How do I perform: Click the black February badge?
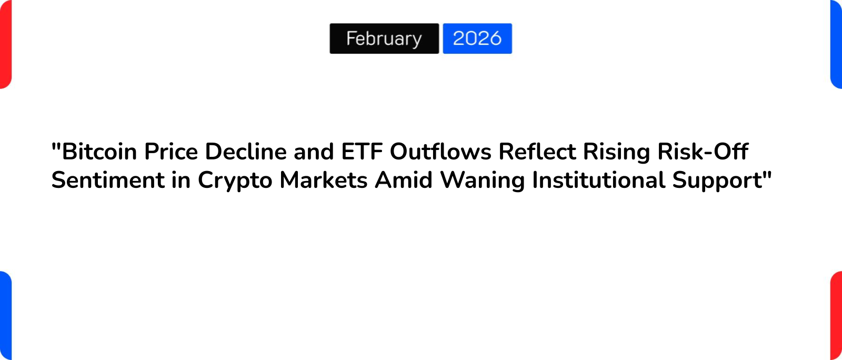pyautogui.click(x=384, y=38)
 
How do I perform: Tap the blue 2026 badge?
pyautogui.click(x=477, y=38)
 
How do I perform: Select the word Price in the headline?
pyautogui.click(x=171, y=152)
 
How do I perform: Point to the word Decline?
pyautogui.click(x=246, y=152)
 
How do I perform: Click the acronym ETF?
pyautogui.click(x=362, y=152)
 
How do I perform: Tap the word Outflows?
pyautogui.click(x=440, y=152)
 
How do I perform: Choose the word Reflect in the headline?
pyautogui.click(x=537, y=152)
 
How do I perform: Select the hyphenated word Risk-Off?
pyautogui.click(x=703, y=152)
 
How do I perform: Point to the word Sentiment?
pyautogui.click(x=108, y=180)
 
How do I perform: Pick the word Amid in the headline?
pyautogui.click(x=404, y=180)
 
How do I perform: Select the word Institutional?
pyautogui.click(x=599, y=180)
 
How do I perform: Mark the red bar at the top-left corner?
pyautogui.click(x=5, y=44)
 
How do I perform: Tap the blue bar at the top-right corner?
pyautogui.click(x=836, y=44)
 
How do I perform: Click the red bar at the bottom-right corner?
pyautogui.click(x=836, y=316)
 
